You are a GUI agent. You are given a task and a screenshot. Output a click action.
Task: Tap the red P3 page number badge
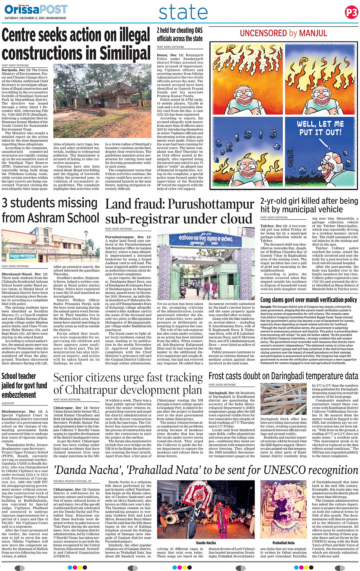coord(351,13)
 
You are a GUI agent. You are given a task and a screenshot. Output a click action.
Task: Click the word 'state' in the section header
coord(183,12)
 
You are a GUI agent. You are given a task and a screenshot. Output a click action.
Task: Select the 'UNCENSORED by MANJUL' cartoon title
coord(283,33)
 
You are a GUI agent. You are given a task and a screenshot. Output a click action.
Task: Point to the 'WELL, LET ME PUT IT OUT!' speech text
coord(320,128)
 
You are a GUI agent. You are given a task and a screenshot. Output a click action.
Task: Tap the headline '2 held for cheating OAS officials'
coord(179,34)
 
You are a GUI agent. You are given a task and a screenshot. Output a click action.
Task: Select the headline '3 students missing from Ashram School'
coord(50,210)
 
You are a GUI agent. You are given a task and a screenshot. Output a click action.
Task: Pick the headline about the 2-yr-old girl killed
coord(309,205)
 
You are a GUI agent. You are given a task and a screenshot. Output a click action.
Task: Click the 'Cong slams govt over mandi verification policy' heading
coord(309,300)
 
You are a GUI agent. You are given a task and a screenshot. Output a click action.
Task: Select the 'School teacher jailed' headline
coord(24,385)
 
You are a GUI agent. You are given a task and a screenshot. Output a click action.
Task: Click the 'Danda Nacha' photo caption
coord(206,543)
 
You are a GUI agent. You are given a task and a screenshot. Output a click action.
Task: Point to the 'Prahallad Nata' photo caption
coord(283,543)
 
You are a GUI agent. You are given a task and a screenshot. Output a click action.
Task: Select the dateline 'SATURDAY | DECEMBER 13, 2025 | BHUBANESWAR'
coord(35,18)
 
